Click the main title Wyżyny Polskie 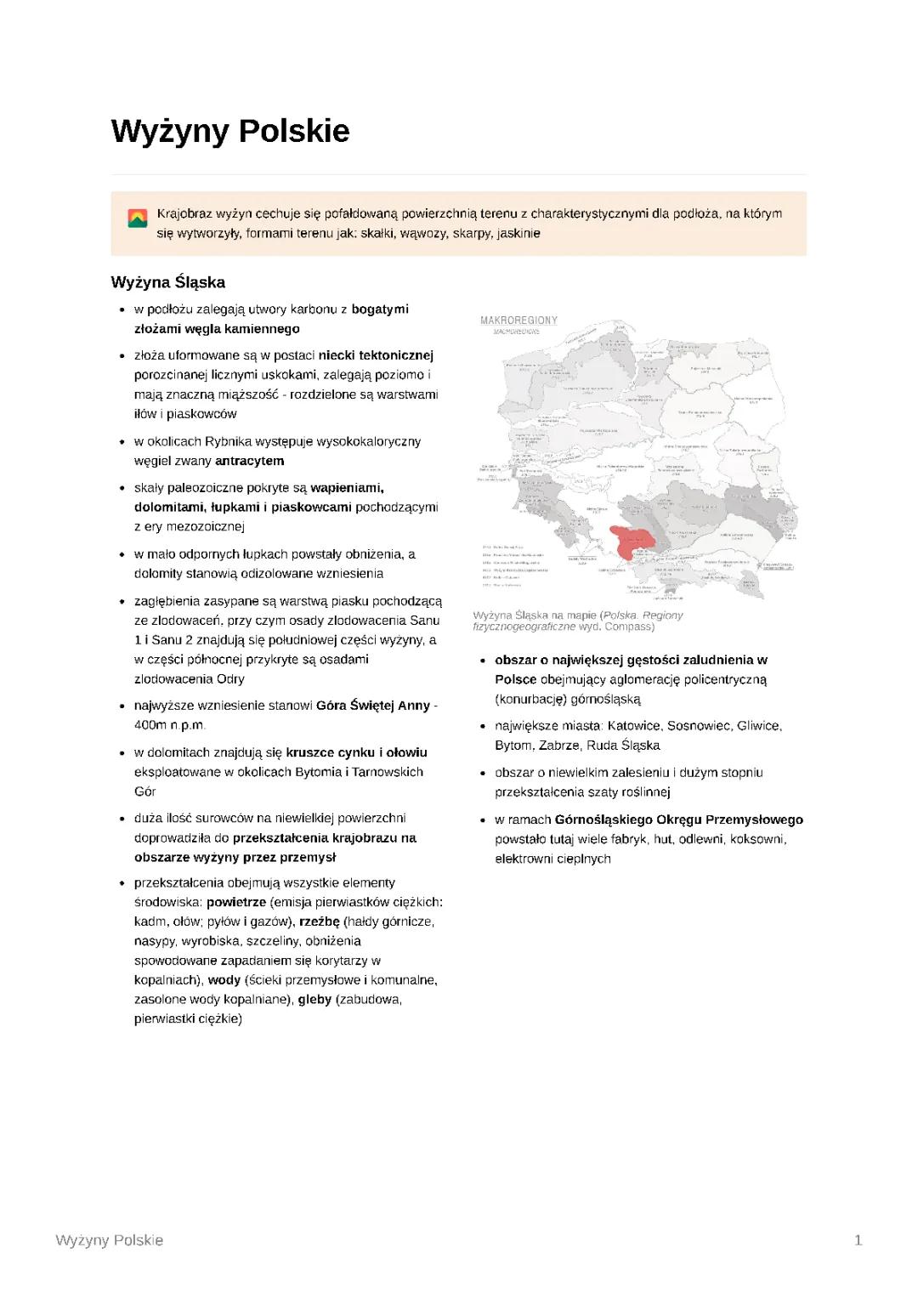[229, 132]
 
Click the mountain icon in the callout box [137, 218]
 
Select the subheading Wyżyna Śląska [167, 282]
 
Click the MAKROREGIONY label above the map [518, 320]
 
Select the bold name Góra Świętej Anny [372, 706]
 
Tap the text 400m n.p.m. [170, 725]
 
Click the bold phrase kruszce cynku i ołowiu [356, 752]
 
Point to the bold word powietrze [235, 902]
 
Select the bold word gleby [314, 1000]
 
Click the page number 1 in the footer [858, 1240]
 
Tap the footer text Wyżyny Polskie [109, 1240]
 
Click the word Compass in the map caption [629, 627]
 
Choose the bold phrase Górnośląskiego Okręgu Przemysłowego [678, 820]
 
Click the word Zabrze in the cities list [558, 746]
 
